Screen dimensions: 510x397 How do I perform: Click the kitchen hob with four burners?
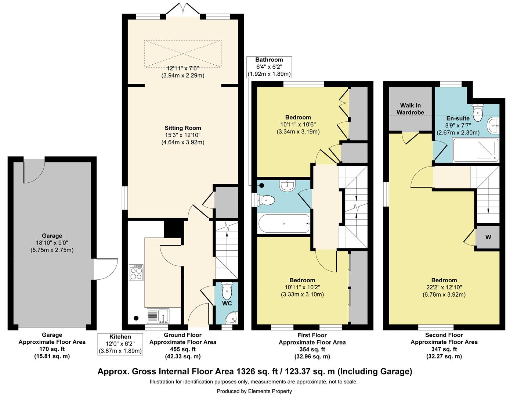[136, 272]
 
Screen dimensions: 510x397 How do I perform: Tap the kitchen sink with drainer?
[158, 316]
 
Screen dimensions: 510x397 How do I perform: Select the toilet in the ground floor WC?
[227, 290]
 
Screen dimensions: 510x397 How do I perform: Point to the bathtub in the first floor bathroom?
[284, 223]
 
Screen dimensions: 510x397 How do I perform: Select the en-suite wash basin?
[493, 125]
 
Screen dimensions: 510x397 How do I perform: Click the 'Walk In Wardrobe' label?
[410, 109]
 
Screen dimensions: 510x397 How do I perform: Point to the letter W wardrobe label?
[488, 237]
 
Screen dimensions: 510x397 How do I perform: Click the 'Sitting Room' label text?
[183, 128]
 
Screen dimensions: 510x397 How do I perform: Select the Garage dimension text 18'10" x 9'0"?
[52, 243]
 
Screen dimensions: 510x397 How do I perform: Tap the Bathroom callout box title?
[269, 60]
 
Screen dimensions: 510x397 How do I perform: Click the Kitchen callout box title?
[120, 337]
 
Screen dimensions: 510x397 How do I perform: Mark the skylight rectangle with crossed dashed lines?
[183, 54]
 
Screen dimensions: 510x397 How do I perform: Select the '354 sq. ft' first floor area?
[312, 349]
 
